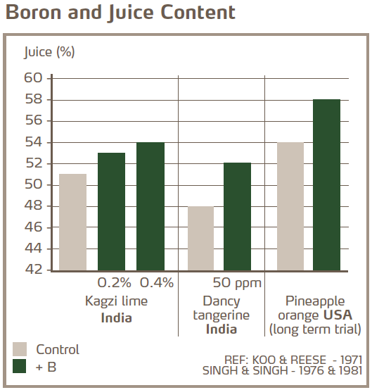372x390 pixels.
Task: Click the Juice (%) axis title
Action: pyautogui.click(x=49, y=51)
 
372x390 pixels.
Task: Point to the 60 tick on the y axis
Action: pyautogui.click(x=34, y=78)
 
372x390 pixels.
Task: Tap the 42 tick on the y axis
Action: pyautogui.click(x=34, y=270)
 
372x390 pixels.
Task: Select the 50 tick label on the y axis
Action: pyautogui.click(x=34, y=185)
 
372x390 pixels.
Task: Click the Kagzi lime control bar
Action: pyautogui.click(x=72, y=222)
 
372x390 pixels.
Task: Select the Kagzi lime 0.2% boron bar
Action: pyautogui.click(x=111, y=211)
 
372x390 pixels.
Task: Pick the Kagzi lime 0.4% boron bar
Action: pyautogui.click(x=150, y=206)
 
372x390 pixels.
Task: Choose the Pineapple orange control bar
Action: pyautogui.click(x=290, y=206)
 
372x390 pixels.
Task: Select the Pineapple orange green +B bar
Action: pyautogui.click(x=326, y=184)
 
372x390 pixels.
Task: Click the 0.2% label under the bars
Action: pyautogui.click(x=114, y=283)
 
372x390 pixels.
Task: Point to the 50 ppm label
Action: pyautogui.click(x=236, y=283)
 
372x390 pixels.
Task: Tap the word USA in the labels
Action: pyautogui.click(x=338, y=315)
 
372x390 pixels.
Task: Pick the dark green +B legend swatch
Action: pyautogui.click(x=21, y=367)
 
